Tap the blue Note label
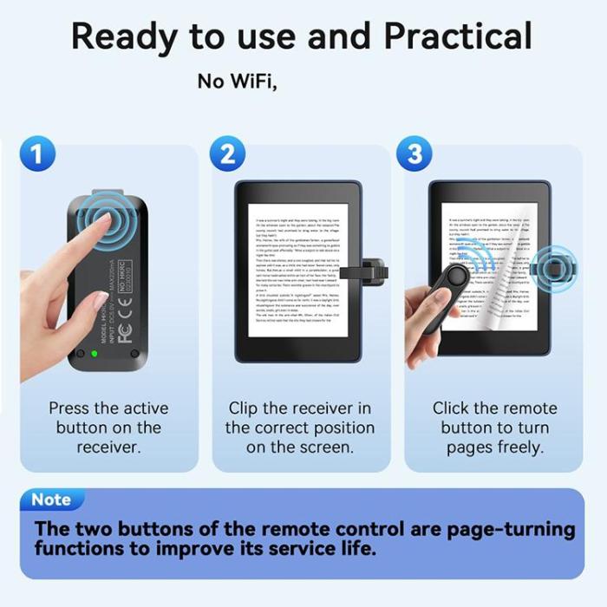[51, 499]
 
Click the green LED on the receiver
[95, 353]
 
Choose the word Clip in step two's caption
[247, 408]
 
